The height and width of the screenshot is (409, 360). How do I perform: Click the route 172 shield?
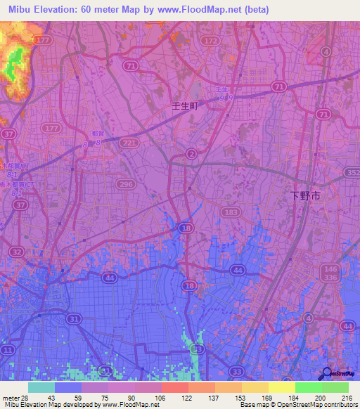[209, 41]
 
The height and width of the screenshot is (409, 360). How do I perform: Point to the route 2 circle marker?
[191, 154]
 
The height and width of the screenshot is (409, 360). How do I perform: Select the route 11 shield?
[8, 349]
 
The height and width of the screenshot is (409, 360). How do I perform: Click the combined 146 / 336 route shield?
[330, 273]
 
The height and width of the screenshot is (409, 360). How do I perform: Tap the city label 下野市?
[306, 197]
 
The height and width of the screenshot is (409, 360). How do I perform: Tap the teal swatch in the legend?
[41, 387]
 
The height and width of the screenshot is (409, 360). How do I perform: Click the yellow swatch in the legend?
[281, 387]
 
